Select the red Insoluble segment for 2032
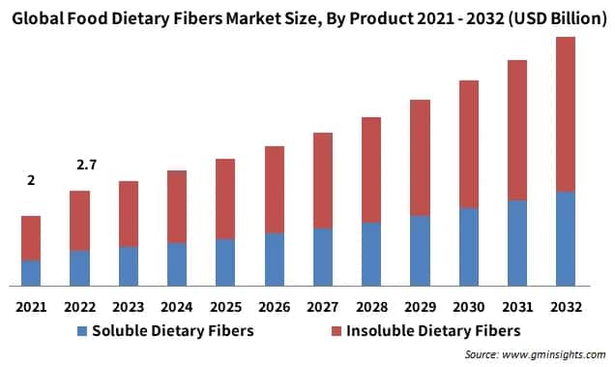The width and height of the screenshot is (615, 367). click(x=566, y=114)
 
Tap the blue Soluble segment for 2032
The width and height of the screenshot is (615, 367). click(x=566, y=238)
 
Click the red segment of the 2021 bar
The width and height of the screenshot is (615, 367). click(x=31, y=237)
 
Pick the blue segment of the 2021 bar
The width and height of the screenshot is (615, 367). click(x=31, y=273)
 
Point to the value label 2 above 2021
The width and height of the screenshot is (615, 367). click(x=31, y=181)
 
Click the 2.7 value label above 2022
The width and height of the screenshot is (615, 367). click(x=80, y=166)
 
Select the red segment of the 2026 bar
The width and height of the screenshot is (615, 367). click(x=275, y=190)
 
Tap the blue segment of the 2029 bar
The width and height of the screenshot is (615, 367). click(x=420, y=251)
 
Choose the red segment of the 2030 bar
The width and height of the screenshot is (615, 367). click(x=469, y=144)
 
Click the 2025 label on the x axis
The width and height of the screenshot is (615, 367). click(x=225, y=307)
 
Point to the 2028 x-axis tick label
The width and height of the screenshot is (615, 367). click(x=371, y=307)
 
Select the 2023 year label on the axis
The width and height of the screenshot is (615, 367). click(x=129, y=307)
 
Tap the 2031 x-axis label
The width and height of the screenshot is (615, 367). click(x=517, y=307)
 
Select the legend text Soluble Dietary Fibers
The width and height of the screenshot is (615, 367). click(x=172, y=331)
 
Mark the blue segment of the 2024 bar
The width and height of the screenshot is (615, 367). click(x=177, y=264)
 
